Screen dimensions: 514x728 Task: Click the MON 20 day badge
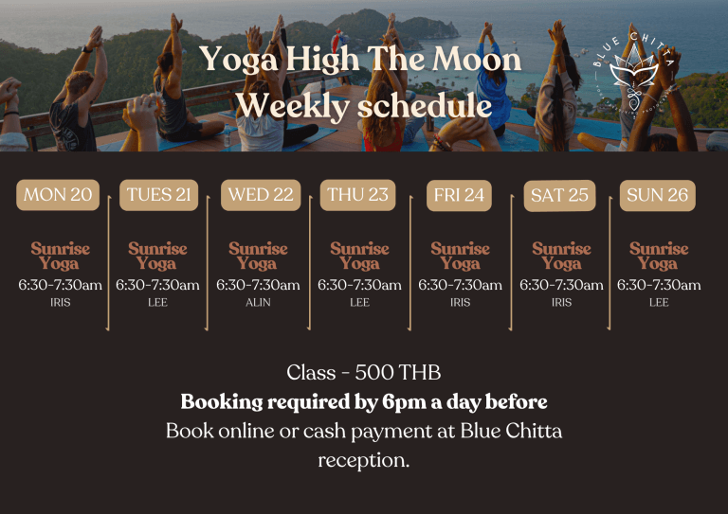click(x=58, y=195)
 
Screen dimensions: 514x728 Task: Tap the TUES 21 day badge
click(x=158, y=195)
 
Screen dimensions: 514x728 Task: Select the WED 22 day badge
click(x=261, y=195)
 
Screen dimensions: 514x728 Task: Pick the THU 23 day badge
click(x=357, y=195)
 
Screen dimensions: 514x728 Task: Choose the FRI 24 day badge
click(x=460, y=195)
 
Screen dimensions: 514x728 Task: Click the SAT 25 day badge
click(x=559, y=196)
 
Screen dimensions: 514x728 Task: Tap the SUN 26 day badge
click(x=657, y=195)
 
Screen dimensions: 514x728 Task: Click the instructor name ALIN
click(x=258, y=303)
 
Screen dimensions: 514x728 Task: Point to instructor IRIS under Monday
click(x=60, y=303)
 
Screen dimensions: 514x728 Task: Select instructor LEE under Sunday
click(x=659, y=303)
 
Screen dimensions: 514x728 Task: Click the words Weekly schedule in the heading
click(x=363, y=105)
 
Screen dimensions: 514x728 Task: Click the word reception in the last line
click(x=363, y=461)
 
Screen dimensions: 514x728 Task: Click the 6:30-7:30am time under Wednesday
click(x=258, y=285)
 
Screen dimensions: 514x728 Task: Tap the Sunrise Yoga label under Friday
click(x=460, y=256)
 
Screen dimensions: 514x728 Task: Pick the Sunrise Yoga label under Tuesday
click(x=157, y=256)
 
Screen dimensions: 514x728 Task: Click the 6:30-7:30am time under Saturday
click(x=561, y=285)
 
